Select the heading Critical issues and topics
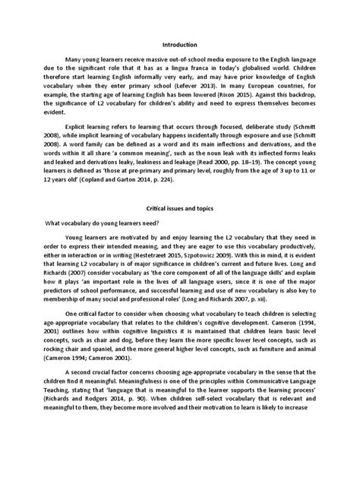[179, 228]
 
